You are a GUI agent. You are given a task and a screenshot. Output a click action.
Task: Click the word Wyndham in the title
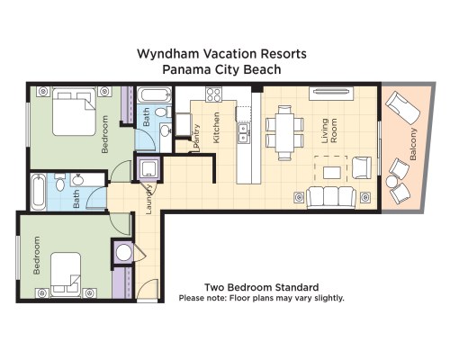point(167,54)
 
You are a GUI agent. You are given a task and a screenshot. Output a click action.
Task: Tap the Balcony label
point(413,144)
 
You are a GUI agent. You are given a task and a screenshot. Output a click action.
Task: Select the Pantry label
point(196,136)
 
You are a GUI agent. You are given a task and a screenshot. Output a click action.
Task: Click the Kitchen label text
point(216,128)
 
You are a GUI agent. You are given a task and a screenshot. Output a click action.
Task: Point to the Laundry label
point(149,199)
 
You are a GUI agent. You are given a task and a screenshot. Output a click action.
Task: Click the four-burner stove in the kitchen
point(213,94)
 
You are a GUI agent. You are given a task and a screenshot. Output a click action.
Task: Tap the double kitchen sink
point(243,132)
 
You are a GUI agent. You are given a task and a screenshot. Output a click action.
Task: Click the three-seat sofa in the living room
point(331,197)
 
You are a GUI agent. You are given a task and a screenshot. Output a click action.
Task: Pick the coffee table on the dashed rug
point(332,173)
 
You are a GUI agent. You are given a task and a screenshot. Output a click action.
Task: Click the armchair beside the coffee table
point(362,168)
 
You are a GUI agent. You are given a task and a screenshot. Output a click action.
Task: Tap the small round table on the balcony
point(391,182)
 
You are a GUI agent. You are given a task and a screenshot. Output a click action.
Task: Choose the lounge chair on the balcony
point(402,108)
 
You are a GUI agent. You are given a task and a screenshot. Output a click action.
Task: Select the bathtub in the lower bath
point(39,191)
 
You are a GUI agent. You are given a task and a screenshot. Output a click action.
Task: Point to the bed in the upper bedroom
point(74,112)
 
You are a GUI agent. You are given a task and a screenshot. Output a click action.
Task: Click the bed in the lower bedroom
point(66,274)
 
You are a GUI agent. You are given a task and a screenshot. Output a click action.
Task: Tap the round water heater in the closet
point(123,253)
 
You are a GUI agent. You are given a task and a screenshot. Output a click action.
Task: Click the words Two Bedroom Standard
point(262,287)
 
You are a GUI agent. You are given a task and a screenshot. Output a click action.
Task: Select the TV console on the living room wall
point(331,94)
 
